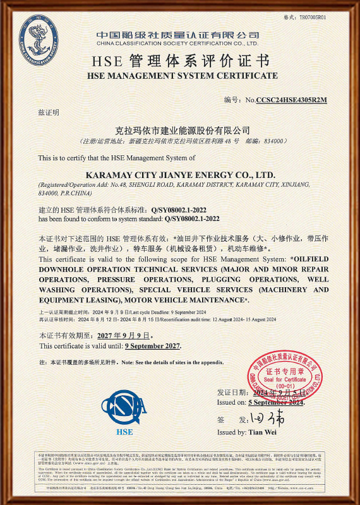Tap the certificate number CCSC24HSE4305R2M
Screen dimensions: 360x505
291,100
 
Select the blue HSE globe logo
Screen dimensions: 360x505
124,403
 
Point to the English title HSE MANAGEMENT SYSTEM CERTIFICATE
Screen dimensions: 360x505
182,76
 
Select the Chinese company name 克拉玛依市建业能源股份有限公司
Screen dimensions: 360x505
180,131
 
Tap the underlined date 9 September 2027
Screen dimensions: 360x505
153,346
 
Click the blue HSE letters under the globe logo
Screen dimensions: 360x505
124,432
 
